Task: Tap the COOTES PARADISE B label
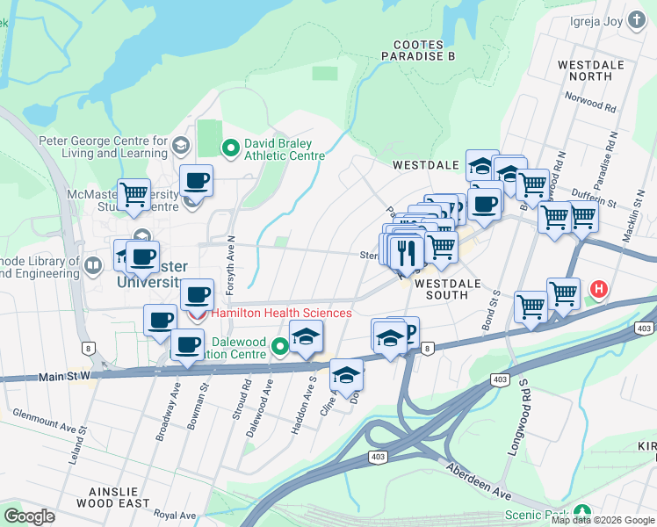point(418,50)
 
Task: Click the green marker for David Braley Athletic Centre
point(230,148)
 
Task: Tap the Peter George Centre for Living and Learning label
point(102,147)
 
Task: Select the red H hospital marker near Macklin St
point(599,288)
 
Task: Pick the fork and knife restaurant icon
point(404,253)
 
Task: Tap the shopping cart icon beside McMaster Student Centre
point(134,194)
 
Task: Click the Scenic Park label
point(535,514)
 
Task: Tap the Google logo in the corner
point(30,516)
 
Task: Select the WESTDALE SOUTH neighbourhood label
point(448,290)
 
